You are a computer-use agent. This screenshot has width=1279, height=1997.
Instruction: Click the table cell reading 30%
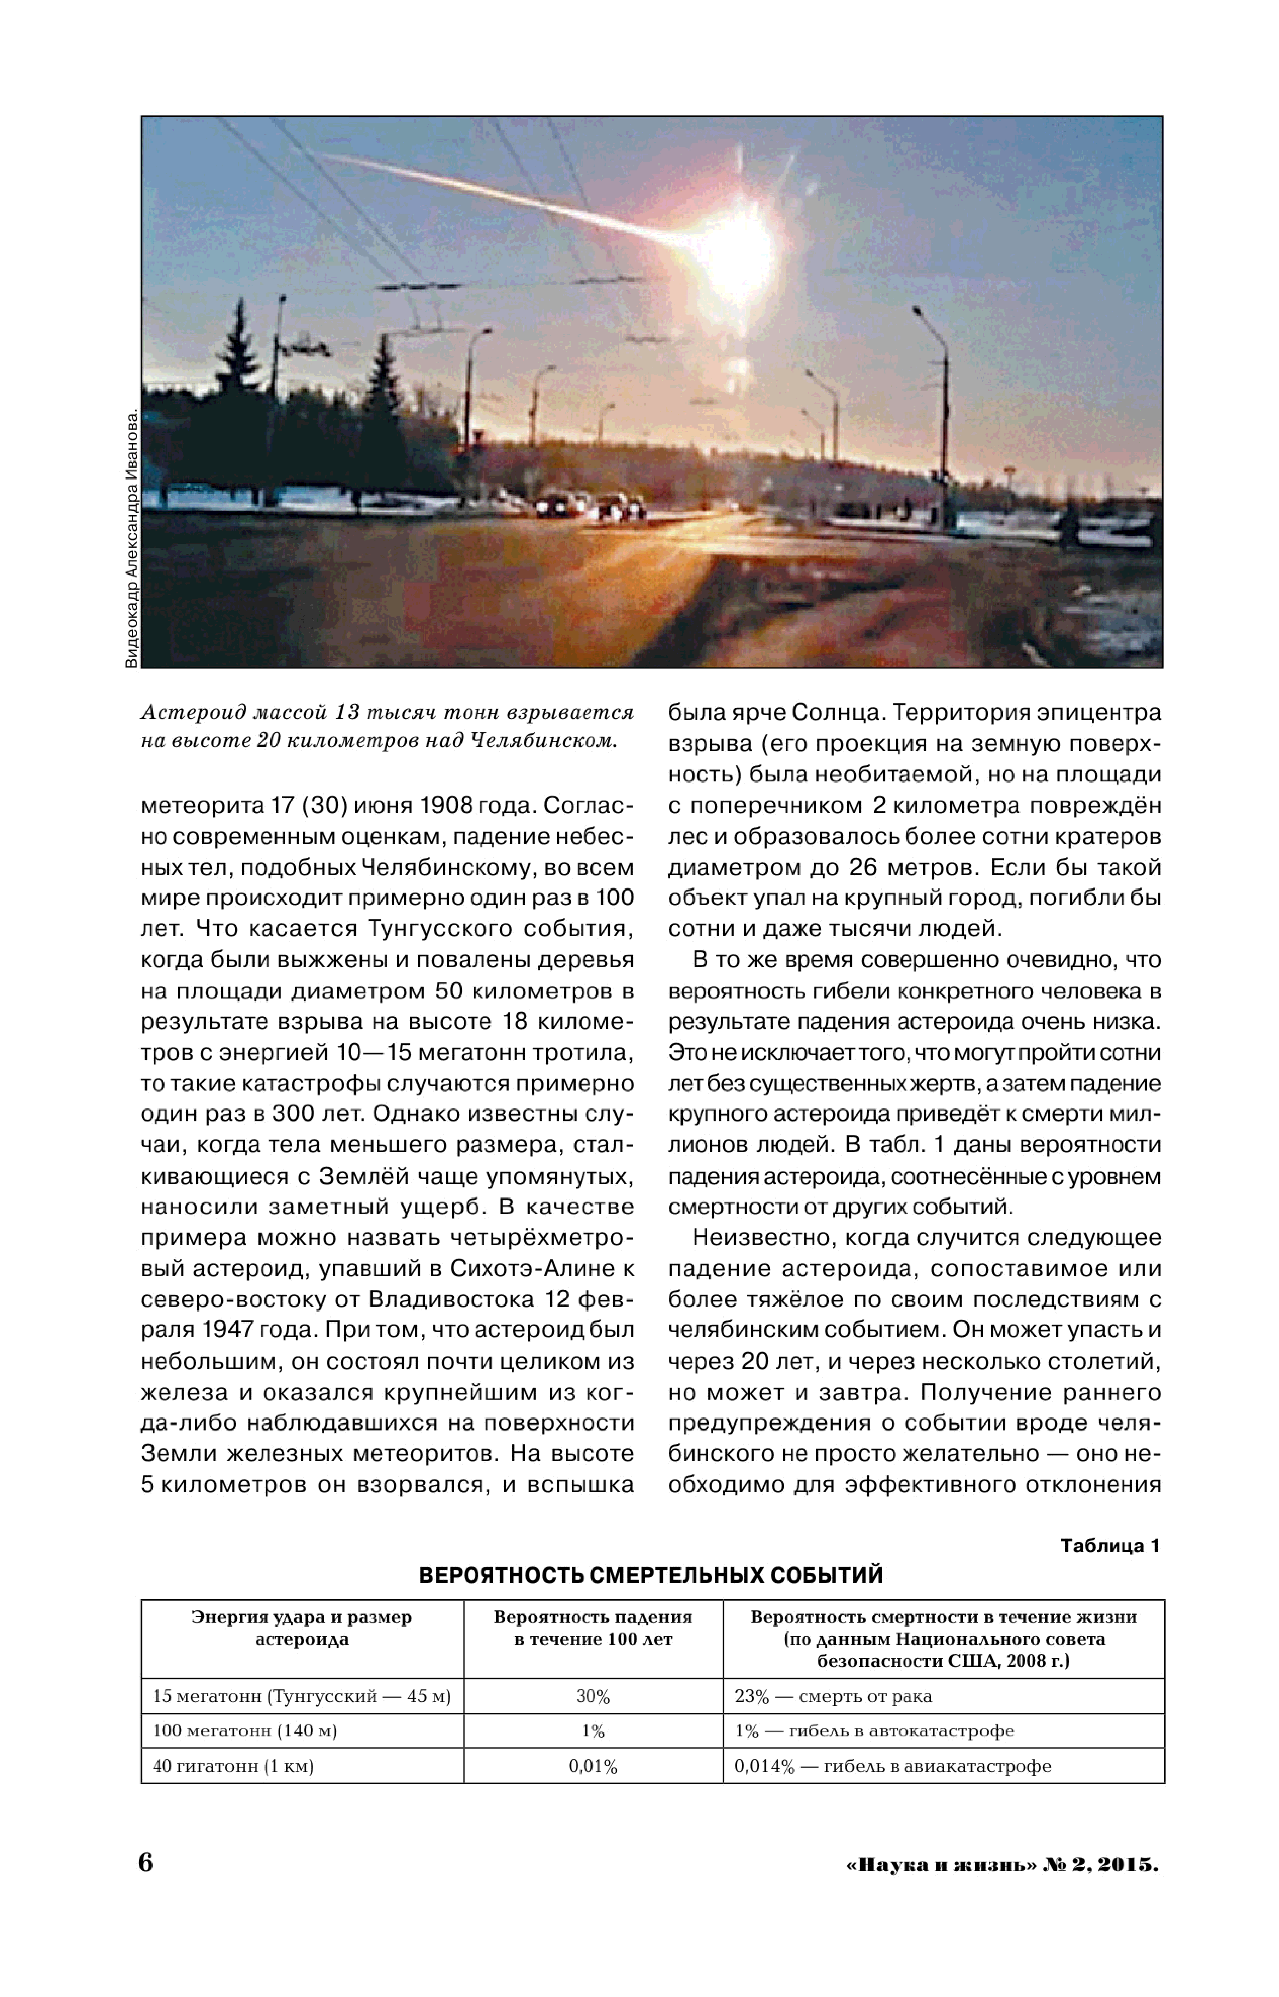click(593, 1696)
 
